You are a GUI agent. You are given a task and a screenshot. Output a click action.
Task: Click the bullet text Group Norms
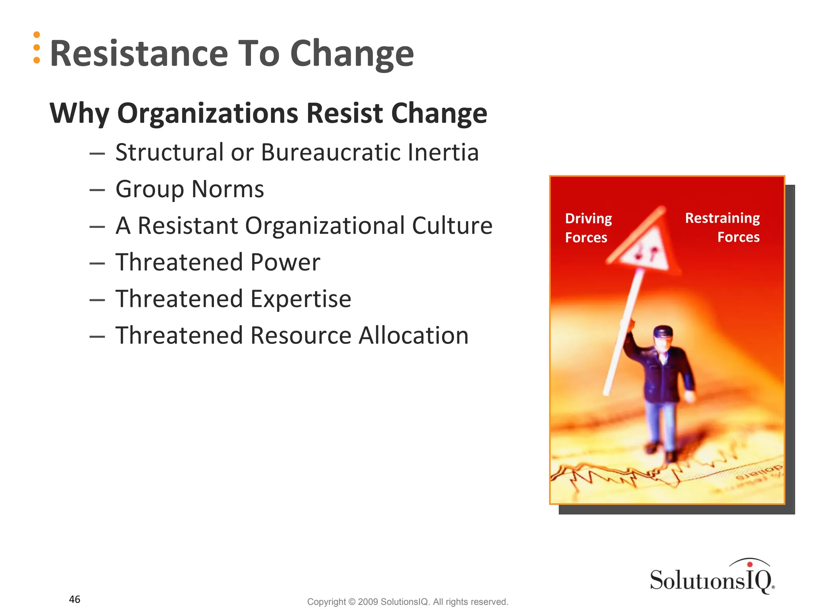(190, 189)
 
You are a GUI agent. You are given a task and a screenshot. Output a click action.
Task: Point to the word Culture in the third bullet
(452, 226)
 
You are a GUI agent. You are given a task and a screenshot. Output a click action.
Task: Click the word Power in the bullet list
(285, 262)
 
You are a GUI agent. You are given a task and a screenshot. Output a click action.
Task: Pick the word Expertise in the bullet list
(301, 299)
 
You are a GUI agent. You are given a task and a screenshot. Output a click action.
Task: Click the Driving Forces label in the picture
(588, 228)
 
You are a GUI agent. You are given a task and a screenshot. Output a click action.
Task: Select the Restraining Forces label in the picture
(722, 228)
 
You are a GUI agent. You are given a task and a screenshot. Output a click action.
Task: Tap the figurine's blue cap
(663, 331)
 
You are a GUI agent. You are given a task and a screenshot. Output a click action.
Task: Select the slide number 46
(75, 599)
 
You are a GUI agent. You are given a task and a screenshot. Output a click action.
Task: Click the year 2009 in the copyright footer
(367, 602)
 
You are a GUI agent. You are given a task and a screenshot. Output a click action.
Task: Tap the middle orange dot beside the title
(37, 47)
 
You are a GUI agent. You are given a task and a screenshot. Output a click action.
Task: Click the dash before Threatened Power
(97, 263)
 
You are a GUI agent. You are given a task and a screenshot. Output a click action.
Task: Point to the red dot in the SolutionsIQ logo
(749, 564)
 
